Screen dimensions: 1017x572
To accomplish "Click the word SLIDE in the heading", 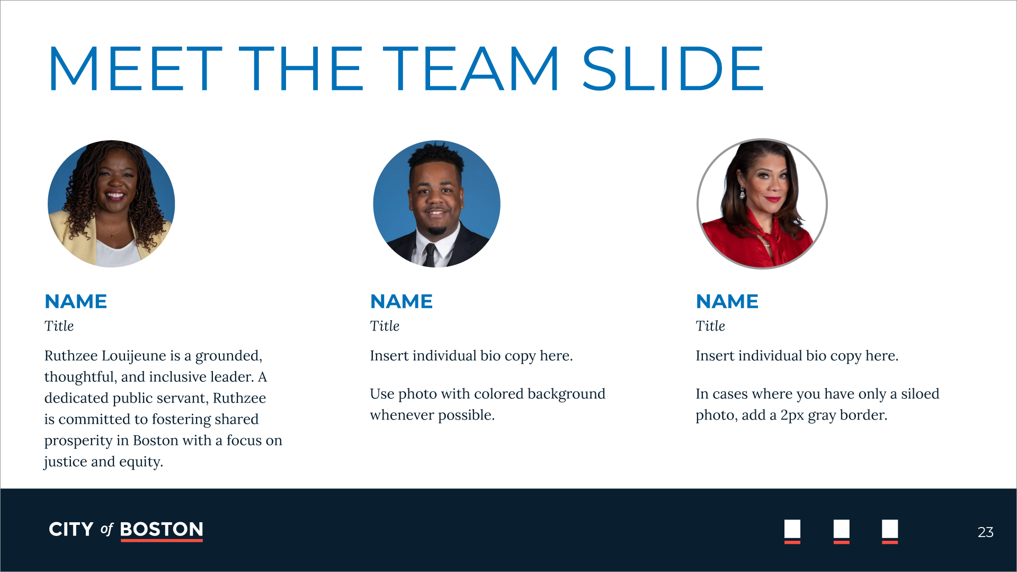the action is pos(673,69).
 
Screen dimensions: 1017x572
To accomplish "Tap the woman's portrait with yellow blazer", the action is pos(111,204).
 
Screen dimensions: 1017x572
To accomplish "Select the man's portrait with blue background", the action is pos(436,204).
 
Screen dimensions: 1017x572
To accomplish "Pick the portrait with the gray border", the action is pos(762,204).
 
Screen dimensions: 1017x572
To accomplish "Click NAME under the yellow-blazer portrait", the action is pos(76,301).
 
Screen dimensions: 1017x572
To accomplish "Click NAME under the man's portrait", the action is pos(402,301).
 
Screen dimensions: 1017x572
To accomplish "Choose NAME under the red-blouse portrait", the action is pos(727,301).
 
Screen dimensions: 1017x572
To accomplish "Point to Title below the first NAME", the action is pos(59,326).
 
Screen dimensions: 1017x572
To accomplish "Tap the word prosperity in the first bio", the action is pos(78,441).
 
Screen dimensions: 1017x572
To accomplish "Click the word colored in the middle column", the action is pos(498,394).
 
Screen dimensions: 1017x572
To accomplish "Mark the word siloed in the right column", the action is pos(920,394).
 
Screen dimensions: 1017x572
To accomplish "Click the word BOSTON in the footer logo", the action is pos(162,529).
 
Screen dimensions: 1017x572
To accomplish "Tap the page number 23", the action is pos(985,532).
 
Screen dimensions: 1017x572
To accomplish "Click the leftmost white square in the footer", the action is pos(792,529).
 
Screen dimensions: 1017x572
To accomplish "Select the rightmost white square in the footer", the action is pos(890,529).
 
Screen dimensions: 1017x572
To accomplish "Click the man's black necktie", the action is pos(429,255).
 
